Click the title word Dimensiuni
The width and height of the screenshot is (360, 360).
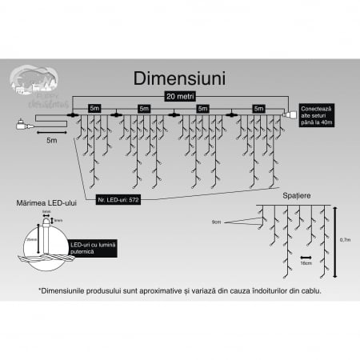click(x=178, y=80)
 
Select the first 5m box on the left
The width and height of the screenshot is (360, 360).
click(x=94, y=107)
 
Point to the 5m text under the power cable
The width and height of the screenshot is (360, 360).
click(x=52, y=138)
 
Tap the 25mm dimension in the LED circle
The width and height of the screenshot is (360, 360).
click(x=29, y=239)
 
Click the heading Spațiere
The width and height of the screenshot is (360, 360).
click(x=297, y=195)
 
